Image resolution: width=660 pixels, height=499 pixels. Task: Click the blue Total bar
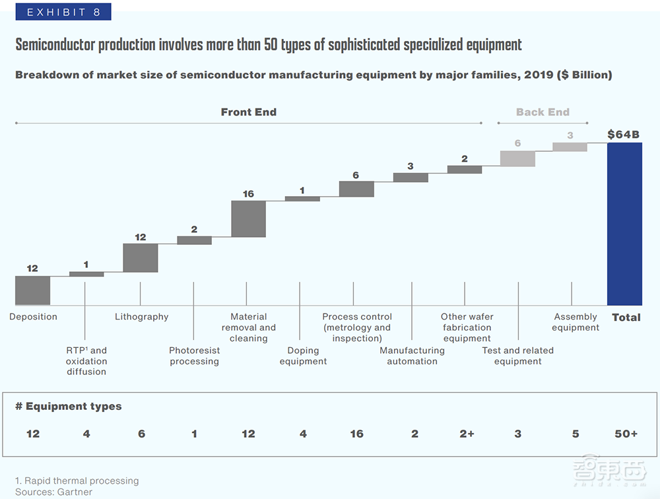(x=624, y=224)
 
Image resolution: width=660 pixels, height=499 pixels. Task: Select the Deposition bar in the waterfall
(x=32, y=290)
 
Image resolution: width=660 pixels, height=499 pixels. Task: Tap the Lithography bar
(x=141, y=258)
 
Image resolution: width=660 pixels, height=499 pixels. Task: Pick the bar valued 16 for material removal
(x=248, y=219)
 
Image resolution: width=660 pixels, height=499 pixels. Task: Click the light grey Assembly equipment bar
(x=570, y=147)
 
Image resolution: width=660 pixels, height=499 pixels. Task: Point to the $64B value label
(x=624, y=135)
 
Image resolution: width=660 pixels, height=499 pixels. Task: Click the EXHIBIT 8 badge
(x=63, y=12)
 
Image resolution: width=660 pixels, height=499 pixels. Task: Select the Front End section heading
(x=248, y=112)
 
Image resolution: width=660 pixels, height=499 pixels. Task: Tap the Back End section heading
(x=543, y=112)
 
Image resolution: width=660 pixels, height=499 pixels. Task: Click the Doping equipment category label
(x=303, y=356)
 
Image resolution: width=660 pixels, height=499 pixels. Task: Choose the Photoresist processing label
(x=194, y=356)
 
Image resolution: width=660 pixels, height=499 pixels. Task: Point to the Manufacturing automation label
(x=412, y=356)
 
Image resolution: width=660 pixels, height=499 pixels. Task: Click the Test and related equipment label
(x=517, y=356)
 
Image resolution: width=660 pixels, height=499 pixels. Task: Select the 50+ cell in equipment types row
(x=626, y=434)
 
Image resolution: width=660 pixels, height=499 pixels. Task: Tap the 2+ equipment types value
(x=467, y=434)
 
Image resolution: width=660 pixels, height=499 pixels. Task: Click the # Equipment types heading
(x=69, y=406)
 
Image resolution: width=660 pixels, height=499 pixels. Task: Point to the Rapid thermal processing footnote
(x=77, y=481)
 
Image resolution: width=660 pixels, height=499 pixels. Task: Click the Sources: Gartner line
(x=54, y=492)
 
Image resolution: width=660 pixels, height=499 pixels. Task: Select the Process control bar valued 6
(x=356, y=189)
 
